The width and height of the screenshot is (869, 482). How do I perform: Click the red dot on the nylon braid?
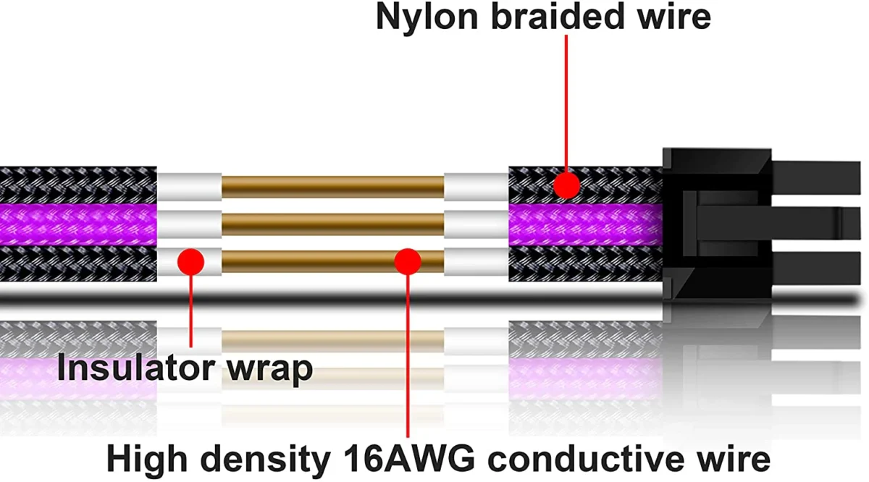[566, 186]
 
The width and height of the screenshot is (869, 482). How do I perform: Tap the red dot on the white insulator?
[190, 261]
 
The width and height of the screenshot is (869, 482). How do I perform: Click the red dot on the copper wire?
[408, 261]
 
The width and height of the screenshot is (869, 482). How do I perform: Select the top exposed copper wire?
[332, 187]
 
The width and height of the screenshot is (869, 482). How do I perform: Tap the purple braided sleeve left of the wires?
[78, 224]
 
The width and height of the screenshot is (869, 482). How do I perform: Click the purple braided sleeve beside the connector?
[585, 224]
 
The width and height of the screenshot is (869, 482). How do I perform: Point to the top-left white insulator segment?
[189, 187]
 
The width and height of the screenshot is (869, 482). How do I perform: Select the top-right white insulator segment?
[476, 187]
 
